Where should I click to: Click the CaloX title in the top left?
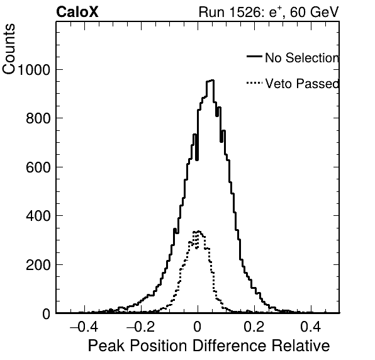[77, 12]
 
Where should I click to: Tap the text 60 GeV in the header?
[315, 12]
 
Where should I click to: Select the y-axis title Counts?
[9, 49]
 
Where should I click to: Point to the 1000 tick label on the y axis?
[34, 70]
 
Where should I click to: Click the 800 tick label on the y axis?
[38, 118]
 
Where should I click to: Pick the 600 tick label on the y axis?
[38, 167]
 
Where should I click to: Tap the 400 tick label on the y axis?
[38, 216]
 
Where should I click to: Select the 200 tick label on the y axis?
[38, 264]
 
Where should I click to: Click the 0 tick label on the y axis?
[47, 313]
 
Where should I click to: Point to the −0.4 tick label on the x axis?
[84, 327]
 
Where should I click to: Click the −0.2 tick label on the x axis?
[140, 327]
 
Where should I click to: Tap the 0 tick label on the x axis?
[198, 327]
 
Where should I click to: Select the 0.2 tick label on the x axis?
[254, 327]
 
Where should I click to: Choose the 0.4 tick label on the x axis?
[311, 327]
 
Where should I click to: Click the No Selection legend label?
[302, 58]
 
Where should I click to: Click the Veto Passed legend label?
[302, 84]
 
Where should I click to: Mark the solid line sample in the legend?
[254, 56]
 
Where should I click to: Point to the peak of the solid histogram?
[210, 81]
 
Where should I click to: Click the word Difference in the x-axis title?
[230, 346]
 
